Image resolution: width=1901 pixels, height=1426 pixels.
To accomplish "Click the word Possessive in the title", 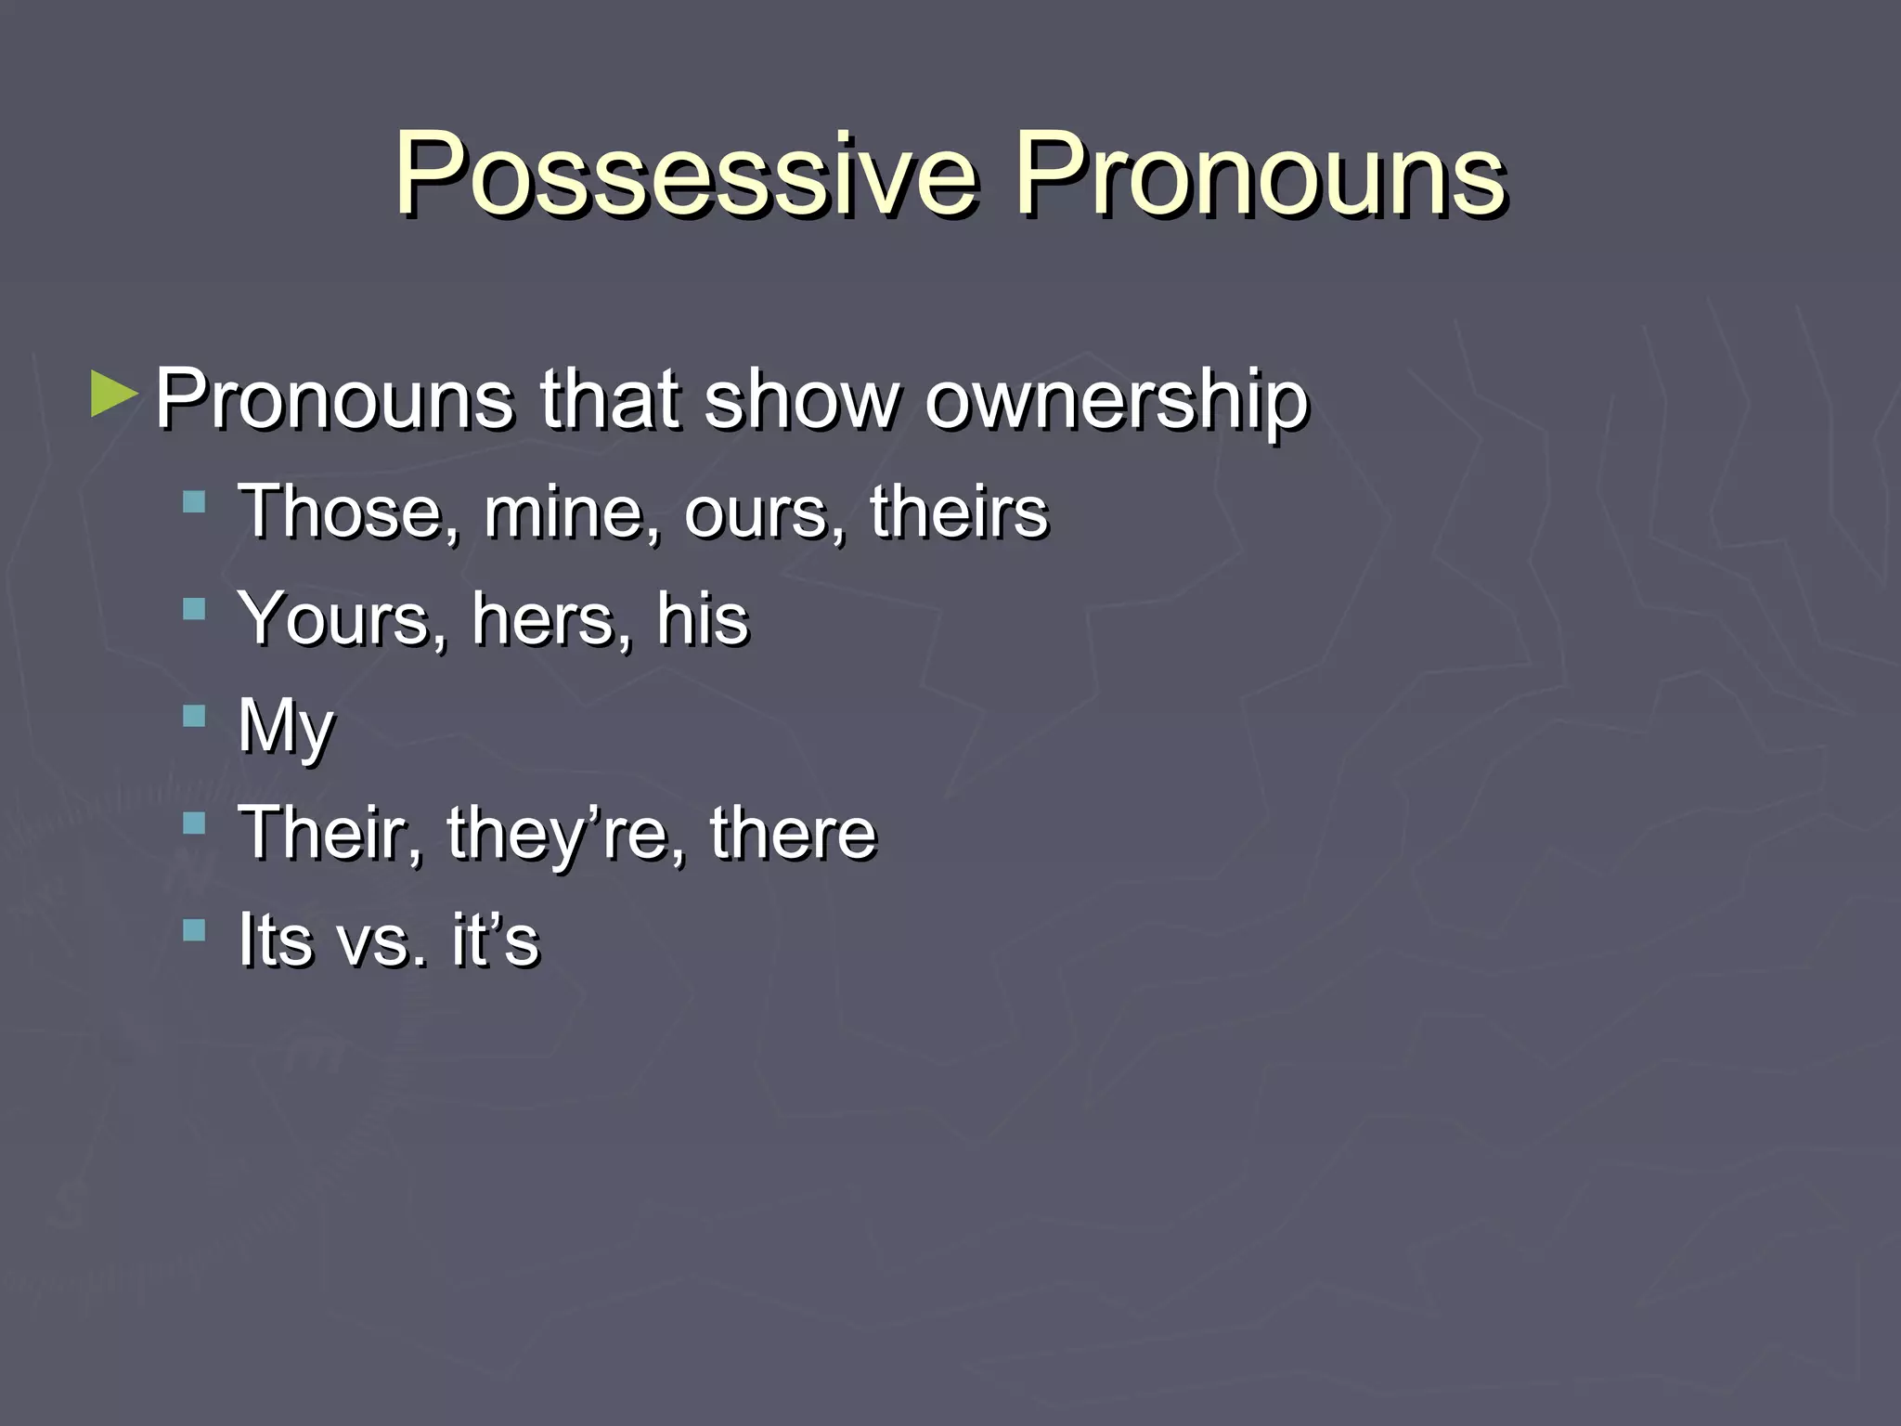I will (687, 175).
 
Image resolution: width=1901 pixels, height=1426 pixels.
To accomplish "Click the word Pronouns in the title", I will (1260, 175).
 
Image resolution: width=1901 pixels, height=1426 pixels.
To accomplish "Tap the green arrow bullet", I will (114, 395).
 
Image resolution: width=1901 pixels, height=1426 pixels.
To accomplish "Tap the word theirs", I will (959, 512).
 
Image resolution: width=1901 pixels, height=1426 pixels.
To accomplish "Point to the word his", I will (702, 618).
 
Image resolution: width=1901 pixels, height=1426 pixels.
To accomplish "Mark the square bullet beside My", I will (194, 716).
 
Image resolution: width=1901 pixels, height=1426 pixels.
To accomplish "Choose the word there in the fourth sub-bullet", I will (793, 833).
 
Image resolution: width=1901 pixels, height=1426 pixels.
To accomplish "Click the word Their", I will (330, 833).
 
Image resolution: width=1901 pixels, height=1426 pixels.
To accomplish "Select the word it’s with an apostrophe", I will (496, 940).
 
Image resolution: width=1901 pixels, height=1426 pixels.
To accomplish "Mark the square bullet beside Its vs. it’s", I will (194, 929).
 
